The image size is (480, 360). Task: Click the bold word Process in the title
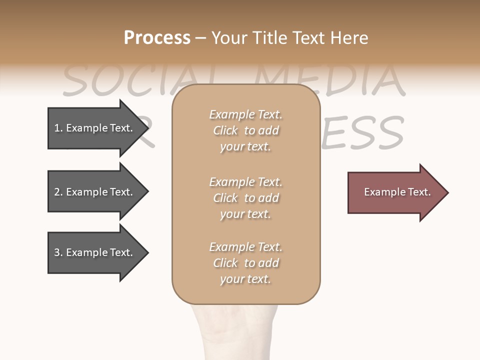tap(157, 38)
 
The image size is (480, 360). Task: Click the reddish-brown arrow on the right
tap(395, 192)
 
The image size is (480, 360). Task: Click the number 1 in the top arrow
tap(57, 128)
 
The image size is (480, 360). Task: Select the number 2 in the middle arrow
tap(57, 192)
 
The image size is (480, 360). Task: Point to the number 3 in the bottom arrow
tap(57, 252)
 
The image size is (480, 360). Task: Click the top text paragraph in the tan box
tap(245, 130)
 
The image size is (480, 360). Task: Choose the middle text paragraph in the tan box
tap(245, 198)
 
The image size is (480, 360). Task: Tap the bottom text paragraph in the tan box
tap(245, 263)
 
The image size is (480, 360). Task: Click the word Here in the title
tap(349, 38)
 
